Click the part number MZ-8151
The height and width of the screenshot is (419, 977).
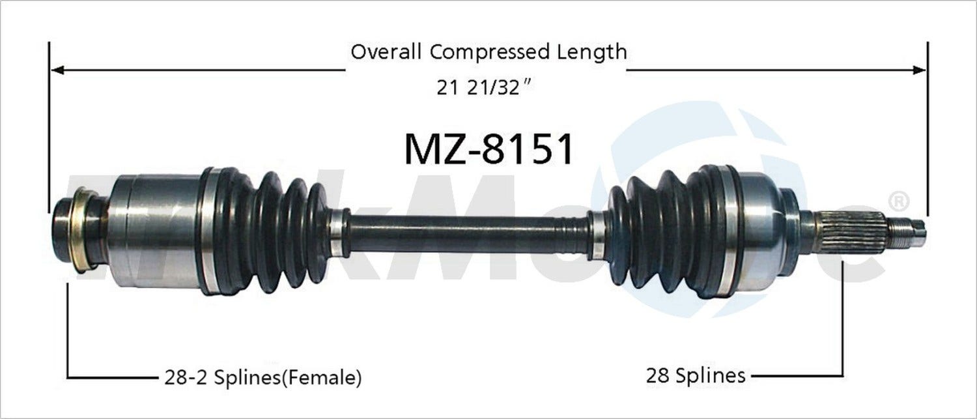pos(488,149)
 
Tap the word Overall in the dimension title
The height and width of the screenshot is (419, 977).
pos(388,51)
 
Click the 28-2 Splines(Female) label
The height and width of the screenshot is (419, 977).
pos(260,377)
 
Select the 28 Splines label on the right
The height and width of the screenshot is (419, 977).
pos(696,375)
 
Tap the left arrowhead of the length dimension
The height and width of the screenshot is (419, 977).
pos(56,70)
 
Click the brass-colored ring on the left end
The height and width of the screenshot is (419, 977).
pos(82,229)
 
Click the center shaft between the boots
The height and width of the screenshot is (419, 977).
pos(469,233)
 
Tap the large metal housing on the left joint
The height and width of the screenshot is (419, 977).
pos(156,231)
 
